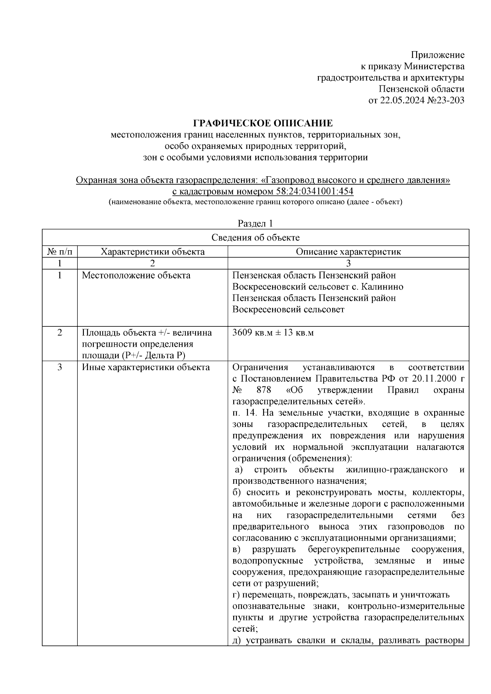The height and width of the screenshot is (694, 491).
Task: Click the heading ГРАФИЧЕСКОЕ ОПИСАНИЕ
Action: click(263, 123)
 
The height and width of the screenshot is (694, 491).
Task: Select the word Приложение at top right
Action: click(437, 55)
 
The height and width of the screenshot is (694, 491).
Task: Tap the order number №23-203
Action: click(444, 100)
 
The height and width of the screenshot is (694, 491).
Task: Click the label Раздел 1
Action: click(255, 223)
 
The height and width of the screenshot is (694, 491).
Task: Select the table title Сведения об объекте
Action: click(255, 238)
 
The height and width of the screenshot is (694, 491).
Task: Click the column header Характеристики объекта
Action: click(153, 252)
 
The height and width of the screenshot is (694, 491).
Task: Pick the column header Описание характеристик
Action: click(348, 252)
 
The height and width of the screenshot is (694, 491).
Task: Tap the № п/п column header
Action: click(60, 252)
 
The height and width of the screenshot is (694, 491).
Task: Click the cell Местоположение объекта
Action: click(136, 275)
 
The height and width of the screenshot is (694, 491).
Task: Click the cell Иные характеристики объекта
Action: click(146, 367)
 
